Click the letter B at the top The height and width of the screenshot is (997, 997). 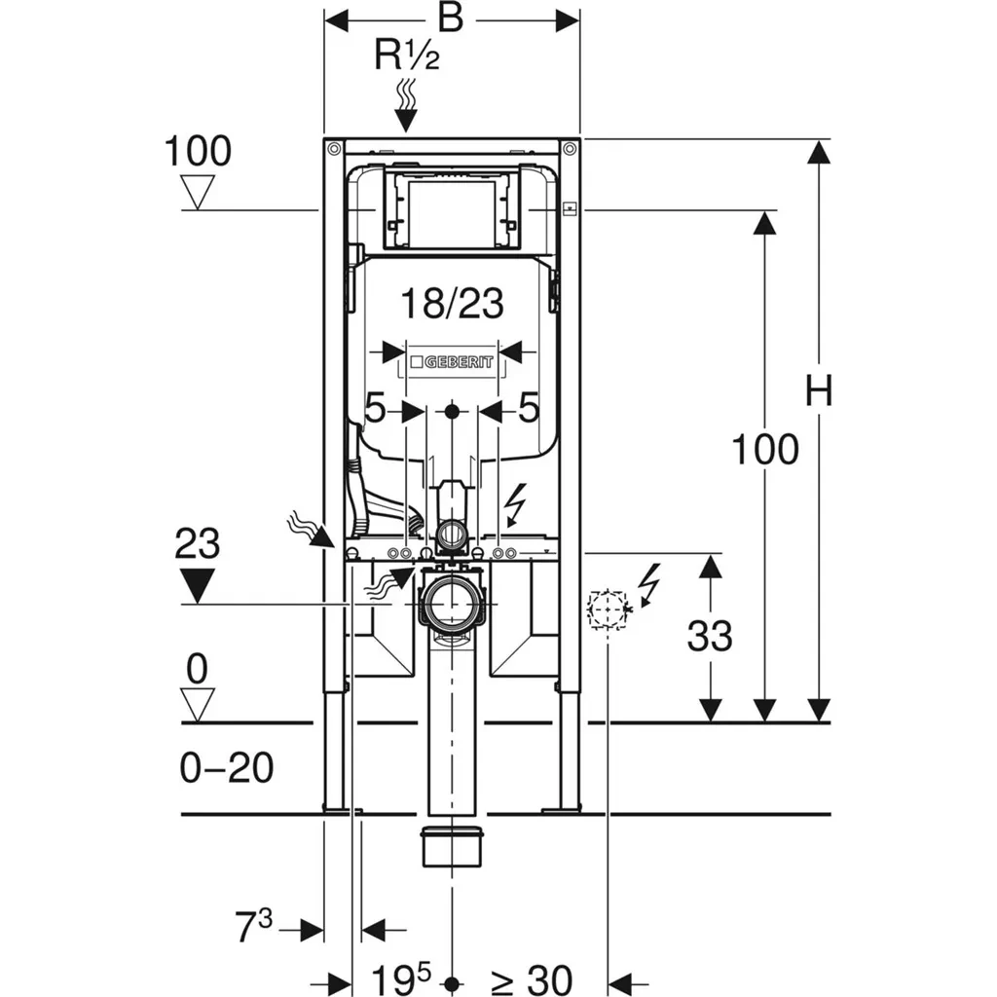pos(451,18)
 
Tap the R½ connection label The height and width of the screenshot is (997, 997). pos(407,56)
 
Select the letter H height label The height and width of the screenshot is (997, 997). pos(819,392)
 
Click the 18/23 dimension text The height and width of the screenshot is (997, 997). pos(455,305)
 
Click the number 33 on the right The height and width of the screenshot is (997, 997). pos(710,637)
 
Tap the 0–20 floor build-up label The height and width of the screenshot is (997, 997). pos(226,769)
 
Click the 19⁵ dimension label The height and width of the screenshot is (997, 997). pos(399,977)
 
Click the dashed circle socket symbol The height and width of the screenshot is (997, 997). pos(606,608)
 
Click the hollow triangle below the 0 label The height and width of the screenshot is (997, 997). pos(198,705)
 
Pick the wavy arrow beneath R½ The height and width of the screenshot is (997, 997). pos(406,105)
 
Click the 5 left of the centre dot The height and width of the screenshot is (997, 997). pos(376,409)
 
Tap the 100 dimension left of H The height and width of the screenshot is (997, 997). pos(764,450)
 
